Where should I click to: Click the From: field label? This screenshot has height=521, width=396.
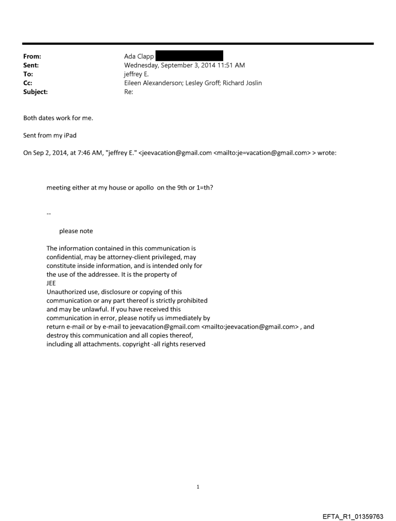click(x=32, y=56)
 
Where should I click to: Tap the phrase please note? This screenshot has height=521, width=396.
click(x=76, y=231)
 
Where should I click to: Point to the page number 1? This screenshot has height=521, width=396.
click(x=198, y=487)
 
